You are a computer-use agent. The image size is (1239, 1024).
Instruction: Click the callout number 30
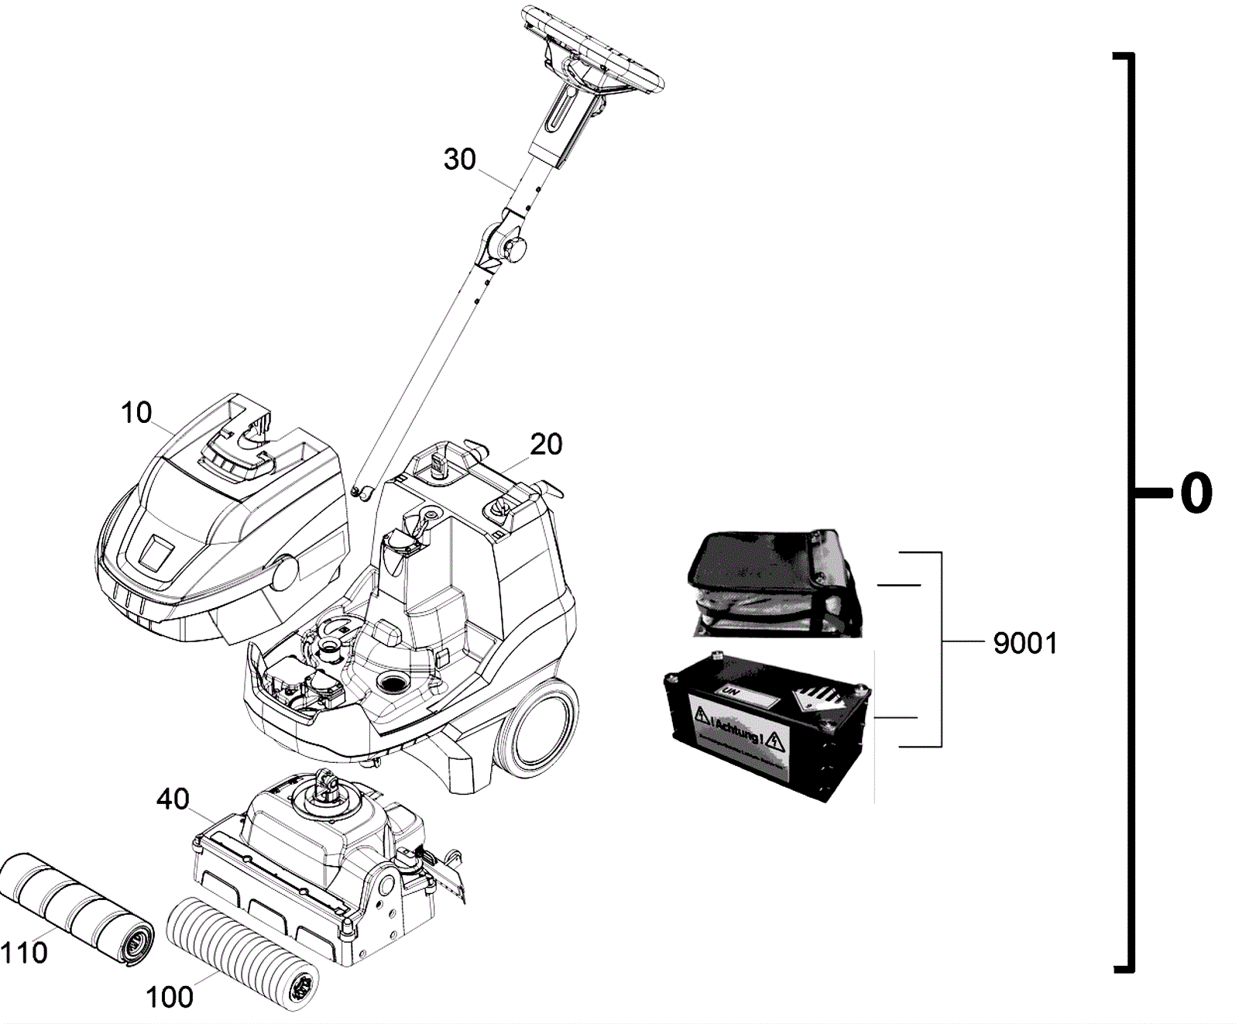click(459, 160)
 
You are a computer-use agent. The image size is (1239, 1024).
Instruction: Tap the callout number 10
click(136, 413)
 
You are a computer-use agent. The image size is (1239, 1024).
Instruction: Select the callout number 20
click(546, 445)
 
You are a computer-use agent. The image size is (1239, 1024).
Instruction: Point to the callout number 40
click(173, 799)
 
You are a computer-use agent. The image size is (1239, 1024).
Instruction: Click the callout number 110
click(25, 953)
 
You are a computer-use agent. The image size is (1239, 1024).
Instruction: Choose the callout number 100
click(170, 997)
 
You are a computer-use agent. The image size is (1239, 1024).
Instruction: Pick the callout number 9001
click(1025, 643)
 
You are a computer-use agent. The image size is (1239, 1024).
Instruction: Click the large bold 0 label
click(1196, 493)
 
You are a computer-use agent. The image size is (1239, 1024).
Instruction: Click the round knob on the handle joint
click(514, 249)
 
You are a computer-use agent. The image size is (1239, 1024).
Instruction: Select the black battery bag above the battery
click(774, 581)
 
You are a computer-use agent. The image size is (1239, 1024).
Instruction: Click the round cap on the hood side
click(284, 572)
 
